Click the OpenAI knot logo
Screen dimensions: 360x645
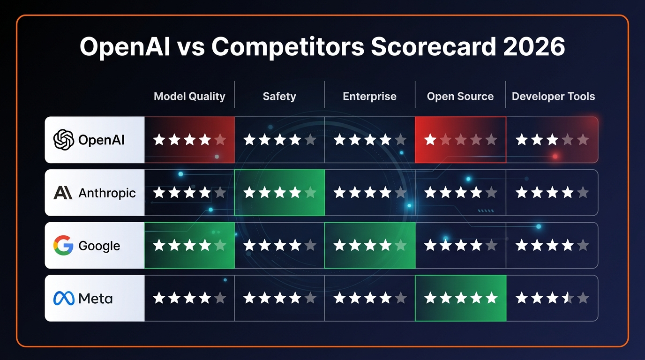[64, 140]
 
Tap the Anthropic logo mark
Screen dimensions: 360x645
[63, 193]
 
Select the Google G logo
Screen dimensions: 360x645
[63, 246]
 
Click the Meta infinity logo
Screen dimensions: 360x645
[64, 298]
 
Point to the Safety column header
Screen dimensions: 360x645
[279, 97]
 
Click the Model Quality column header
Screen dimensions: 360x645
[189, 97]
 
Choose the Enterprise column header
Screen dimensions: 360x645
[369, 97]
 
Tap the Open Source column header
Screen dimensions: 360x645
[460, 97]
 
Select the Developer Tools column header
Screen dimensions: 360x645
[553, 97]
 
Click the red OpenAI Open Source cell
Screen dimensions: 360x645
[460, 140]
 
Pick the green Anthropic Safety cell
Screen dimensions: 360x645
[279, 193]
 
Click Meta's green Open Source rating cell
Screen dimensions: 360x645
[460, 298]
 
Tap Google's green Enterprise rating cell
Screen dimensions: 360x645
[369, 246]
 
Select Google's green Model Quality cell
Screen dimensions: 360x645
[189, 246]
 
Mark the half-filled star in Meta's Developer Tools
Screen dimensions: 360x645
[568, 298]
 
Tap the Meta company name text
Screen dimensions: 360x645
[96, 298]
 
